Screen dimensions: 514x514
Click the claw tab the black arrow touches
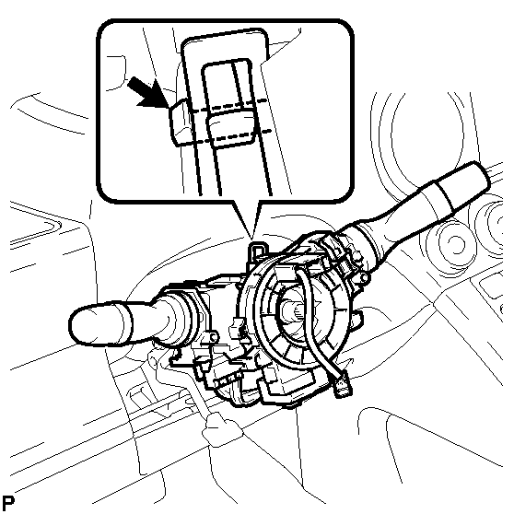(x=180, y=122)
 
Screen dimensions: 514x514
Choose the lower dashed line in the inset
(x=232, y=137)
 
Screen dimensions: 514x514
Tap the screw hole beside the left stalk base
(x=213, y=336)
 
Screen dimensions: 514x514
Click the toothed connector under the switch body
(x=227, y=380)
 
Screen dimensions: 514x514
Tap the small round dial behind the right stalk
(x=455, y=243)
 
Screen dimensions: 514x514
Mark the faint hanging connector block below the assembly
(x=220, y=429)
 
